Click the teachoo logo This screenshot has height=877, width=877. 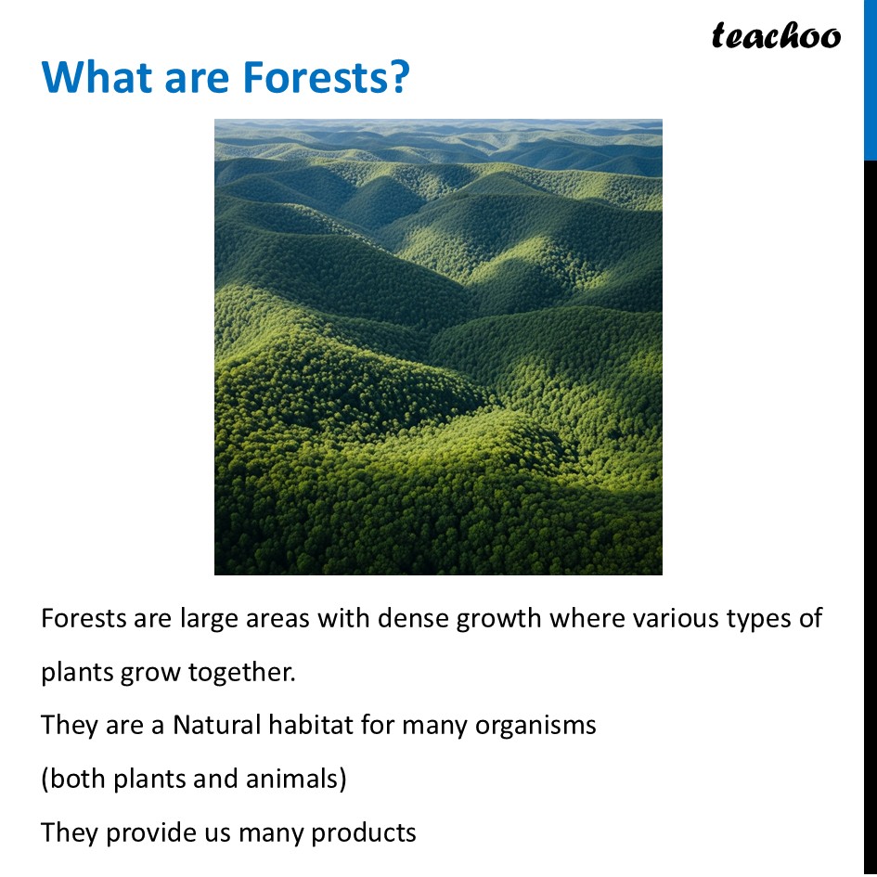pos(776,35)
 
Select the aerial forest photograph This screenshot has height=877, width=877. pos(438,346)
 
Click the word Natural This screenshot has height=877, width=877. pos(216,725)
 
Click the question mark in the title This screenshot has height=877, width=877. pos(397,78)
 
